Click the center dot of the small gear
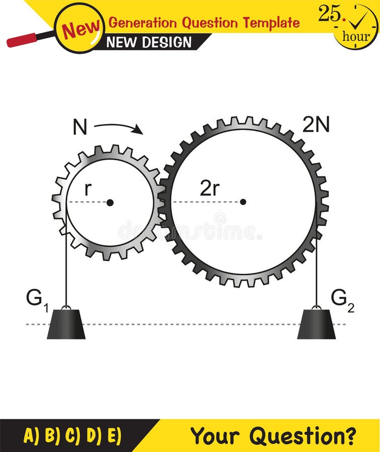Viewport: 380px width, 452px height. click(x=110, y=202)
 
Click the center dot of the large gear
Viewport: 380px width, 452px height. click(x=243, y=202)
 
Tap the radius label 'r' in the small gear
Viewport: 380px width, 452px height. click(x=88, y=188)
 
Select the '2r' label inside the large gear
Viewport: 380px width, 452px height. click(x=210, y=188)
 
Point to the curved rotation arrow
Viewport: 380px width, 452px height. click(x=119, y=128)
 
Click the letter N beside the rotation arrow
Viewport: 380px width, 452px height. click(x=80, y=128)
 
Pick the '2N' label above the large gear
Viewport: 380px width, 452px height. click(x=316, y=125)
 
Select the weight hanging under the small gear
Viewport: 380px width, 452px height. click(x=66, y=324)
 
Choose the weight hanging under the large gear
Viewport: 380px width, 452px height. click(x=316, y=324)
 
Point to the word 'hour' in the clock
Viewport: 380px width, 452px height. click(x=355, y=37)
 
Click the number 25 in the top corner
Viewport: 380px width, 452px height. click(x=330, y=14)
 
